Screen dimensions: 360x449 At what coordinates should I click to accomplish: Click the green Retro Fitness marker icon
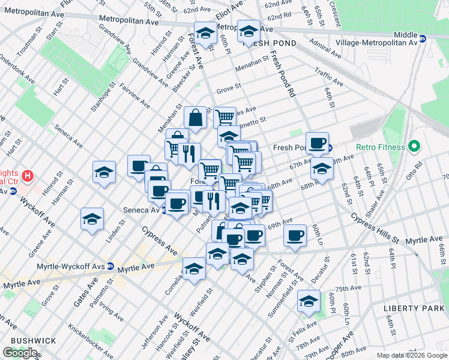[x=413, y=146]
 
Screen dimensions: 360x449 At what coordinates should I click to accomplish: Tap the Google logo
[x=20, y=353]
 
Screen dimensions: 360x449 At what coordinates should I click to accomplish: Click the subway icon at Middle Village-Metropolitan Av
[x=423, y=38]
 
